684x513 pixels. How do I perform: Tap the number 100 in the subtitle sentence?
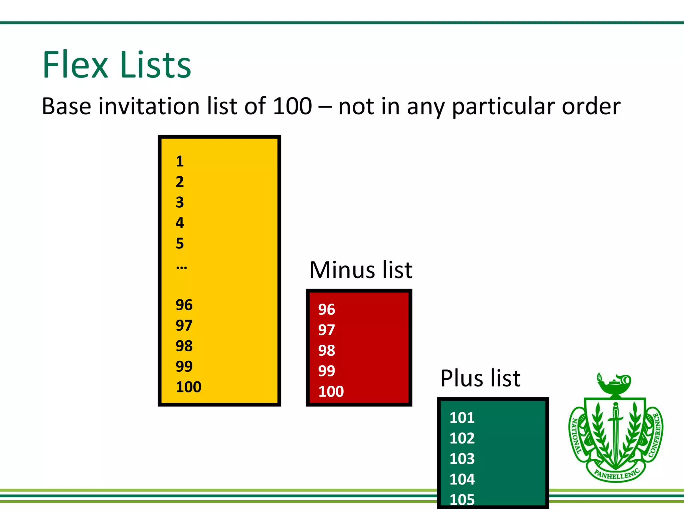tap(292, 106)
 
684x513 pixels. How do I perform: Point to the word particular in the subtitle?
tap(504, 107)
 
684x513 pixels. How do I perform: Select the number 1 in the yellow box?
tap(180, 161)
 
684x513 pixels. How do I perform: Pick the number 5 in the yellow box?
tap(180, 243)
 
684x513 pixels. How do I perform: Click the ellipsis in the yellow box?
tap(181, 267)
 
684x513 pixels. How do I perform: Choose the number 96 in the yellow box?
tap(184, 305)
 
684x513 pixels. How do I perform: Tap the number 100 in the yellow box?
tap(188, 387)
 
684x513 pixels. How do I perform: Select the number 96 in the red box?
tap(326, 310)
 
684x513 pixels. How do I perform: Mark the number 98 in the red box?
tap(326, 351)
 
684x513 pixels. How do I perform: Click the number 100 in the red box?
tap(331, 391)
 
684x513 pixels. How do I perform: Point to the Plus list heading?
tap(480, 378)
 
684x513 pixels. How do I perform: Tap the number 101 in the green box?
tap(462, 418)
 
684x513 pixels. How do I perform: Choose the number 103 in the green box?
tap(462, 459)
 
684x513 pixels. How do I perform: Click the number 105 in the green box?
tap(462, 500)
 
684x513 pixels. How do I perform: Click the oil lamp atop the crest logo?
tap(615, 384)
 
